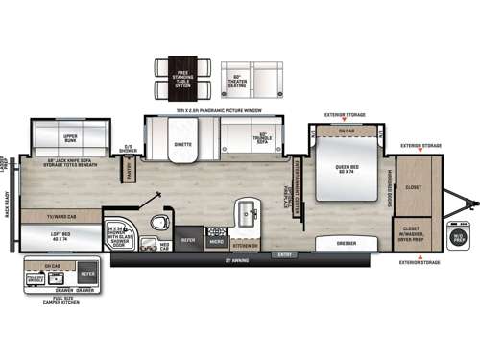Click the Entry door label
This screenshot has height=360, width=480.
pos(282,254)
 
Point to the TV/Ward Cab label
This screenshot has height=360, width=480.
pos(62,215)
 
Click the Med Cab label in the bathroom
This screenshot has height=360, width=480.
pos(165,245)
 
